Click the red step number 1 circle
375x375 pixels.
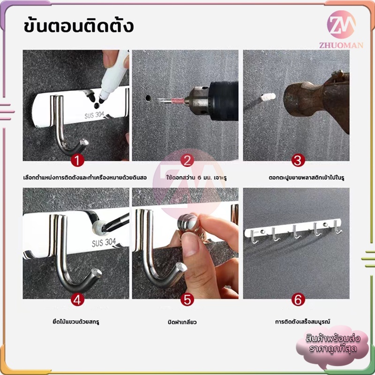[x=77, y=160]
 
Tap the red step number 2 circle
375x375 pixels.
[x=187, y=160]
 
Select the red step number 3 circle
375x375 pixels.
[x=298, y=160]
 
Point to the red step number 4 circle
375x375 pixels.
[x=77, y=299]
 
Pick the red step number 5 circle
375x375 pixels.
[x=187, y=299]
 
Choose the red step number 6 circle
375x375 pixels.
[x=298, y=299]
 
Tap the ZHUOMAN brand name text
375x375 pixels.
[x=341, y=45]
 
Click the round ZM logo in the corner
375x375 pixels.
[x=341, y=24]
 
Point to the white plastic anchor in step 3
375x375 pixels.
[x=268, y=97]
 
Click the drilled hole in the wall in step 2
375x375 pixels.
[x=148, y=98]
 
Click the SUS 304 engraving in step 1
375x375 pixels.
[x=94, y=115]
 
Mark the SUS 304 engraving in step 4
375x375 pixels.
[x=104, y=242]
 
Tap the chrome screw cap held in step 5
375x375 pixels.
[x=189, y=223]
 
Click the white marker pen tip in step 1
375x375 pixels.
[x=102, y=99]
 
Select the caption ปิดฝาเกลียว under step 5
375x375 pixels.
[x=182, y=322]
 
